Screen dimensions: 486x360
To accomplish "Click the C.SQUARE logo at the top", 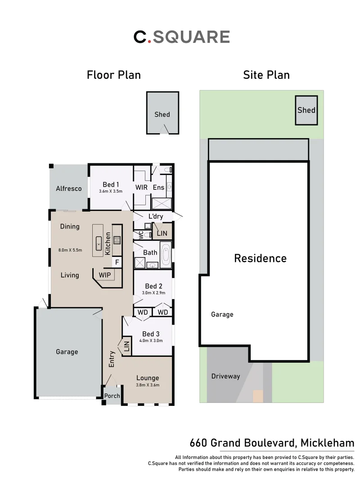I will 182,37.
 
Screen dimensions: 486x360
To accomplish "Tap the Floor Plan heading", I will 114,75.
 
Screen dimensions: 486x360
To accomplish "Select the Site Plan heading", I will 266,75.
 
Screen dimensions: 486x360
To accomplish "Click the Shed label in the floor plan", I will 162,114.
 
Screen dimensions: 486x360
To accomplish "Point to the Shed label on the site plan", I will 306,110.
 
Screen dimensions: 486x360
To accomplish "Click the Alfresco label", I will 69,189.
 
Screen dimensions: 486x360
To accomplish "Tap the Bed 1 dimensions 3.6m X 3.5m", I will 111,191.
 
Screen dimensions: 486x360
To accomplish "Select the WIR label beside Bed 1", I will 142,187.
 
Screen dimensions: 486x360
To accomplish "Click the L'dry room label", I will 156,216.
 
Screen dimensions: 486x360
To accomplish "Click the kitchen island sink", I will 99,246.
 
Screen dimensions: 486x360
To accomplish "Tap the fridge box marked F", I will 117,262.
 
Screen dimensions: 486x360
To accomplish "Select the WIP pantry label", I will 105,274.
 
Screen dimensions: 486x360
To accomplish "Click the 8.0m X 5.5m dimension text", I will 70,250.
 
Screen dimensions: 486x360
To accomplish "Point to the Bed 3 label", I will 151,334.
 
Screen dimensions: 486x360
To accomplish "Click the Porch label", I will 112,396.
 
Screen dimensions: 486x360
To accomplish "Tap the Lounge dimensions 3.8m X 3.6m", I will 148,385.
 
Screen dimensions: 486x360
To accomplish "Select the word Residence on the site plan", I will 260,258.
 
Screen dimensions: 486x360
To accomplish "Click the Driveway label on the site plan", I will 225,376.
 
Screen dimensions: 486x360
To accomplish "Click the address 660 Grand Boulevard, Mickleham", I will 272,443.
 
